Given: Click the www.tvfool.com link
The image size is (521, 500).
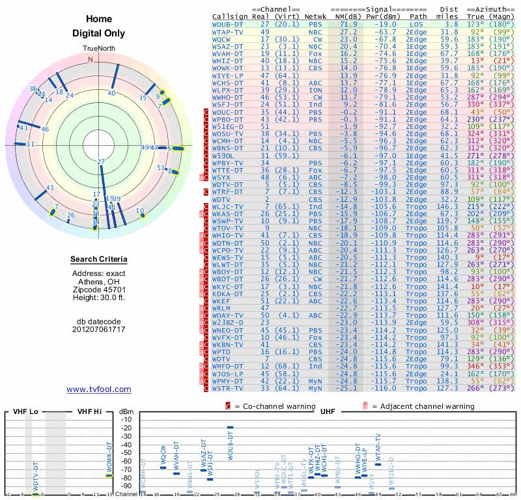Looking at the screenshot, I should tap(98, 389).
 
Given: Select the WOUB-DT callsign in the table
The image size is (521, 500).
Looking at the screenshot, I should tap(228, 24).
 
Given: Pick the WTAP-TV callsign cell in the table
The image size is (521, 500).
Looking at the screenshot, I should tap(228, 31).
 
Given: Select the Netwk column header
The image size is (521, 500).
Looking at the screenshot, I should tap(316, 17).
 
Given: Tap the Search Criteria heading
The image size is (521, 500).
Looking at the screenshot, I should tap(99, 260).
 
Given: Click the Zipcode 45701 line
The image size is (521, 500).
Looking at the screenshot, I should tap(99, 289).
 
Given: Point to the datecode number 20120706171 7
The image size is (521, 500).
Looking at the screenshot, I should tap(99, 329).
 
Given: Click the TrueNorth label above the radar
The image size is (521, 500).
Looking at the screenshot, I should tap(99, 49).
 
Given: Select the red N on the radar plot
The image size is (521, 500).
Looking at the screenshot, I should tap(91, 59).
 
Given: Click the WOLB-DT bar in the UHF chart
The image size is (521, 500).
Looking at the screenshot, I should tap(230, 428).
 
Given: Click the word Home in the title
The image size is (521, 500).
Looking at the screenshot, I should tap(99, 19).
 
